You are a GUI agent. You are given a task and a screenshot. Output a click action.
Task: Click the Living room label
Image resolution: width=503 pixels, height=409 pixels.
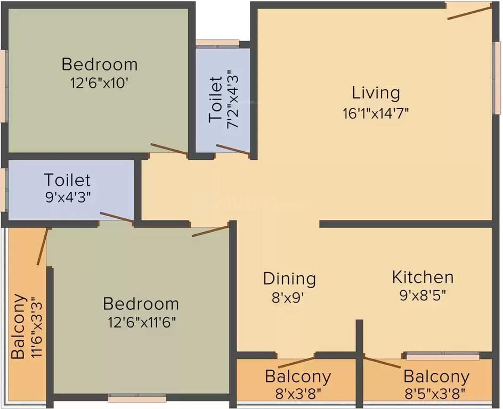[376, 93]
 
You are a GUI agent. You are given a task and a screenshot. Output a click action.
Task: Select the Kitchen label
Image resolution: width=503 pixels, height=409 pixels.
[423, 277]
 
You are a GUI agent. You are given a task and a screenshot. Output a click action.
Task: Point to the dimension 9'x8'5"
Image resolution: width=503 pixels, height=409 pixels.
[423, 296]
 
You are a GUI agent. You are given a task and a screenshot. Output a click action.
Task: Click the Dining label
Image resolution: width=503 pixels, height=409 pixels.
[289, 279]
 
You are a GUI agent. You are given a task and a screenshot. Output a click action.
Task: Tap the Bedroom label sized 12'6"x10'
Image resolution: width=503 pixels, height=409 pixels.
[100, 64]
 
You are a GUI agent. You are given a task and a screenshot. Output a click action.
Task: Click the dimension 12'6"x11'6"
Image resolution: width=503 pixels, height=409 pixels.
[141, 323]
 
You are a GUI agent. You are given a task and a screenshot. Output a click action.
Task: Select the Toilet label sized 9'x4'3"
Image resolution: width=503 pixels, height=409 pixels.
[67, 180]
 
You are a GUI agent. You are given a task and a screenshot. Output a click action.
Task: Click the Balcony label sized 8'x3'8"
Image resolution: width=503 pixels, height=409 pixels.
[298, 377]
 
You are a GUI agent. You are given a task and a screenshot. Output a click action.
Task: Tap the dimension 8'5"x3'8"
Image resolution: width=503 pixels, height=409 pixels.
[436, 394]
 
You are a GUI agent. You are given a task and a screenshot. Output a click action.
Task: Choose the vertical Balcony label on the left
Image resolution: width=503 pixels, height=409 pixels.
[18, 326]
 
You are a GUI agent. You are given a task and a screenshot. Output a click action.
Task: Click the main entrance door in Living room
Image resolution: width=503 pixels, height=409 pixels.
[468, 12]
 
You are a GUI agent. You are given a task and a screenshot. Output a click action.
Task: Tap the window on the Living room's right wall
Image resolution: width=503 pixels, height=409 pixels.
[497, 78]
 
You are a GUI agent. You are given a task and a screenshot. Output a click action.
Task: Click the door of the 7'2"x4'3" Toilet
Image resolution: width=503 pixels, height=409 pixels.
[233, 150]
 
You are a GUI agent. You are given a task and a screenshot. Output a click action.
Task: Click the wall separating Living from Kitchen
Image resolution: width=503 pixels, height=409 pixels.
[405, 224]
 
